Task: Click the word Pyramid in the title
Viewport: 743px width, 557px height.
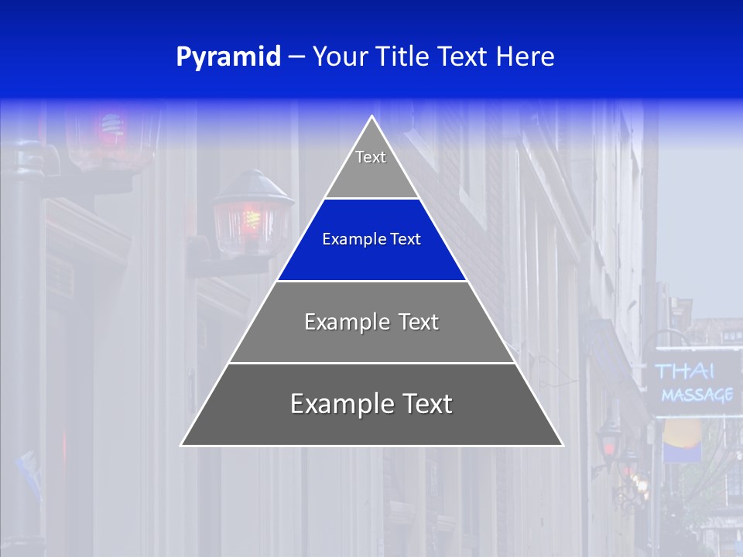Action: [x=228, y=57]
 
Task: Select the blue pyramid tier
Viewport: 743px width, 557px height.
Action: [x=371, y=240]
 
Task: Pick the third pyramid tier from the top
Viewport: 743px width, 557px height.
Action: [x=371, y=322]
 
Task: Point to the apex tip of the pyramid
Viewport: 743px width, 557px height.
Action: [x=372, y=118]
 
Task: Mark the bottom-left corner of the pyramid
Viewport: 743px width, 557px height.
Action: [x=182, y=445]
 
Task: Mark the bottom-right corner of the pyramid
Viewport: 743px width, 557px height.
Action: [x=563, y=445]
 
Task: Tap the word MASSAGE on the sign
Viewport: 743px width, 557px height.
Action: [x=697, y=395]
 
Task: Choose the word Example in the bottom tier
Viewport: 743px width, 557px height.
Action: [x=341, y=405]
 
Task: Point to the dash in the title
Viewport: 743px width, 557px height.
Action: [x=296, y=57]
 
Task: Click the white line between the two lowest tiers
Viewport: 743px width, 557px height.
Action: [x=371, y=363]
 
